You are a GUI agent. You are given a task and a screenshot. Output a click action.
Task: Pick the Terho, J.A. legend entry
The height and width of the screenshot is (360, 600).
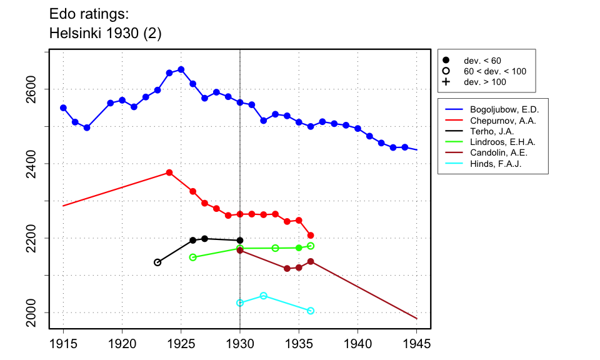coord(487,131)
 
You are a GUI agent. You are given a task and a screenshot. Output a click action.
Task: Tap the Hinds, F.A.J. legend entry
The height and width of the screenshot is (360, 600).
coord(492,164)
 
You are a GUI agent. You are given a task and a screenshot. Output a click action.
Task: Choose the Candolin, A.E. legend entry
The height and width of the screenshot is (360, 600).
coord(496,153)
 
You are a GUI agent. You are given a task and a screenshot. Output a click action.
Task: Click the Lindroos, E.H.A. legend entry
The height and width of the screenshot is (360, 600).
coord(499,142)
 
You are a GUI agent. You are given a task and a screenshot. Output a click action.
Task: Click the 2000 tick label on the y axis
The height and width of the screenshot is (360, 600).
coord(39,312)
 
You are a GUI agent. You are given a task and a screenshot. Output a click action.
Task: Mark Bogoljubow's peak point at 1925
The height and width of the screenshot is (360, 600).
coord(181,69)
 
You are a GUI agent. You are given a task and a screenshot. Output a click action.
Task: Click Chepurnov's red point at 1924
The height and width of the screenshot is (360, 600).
coord(169,172)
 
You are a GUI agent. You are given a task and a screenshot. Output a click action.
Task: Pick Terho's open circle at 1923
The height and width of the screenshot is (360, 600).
coord(157,262)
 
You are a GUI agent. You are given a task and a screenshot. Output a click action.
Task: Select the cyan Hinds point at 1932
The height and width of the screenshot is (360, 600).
coord(264,296)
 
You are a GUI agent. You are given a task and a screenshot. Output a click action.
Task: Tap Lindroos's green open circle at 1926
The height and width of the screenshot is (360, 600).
coord(192,257)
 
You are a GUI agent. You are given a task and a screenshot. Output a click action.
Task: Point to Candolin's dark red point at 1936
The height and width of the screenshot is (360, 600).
coord(311,261)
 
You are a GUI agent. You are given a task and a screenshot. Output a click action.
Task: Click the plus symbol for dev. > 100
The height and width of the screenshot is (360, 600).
coord(446,82)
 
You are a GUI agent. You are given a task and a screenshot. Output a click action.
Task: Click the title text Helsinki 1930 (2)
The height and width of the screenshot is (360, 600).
coord(105,34)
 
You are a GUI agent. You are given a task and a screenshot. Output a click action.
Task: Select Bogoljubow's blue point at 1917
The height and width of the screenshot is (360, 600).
coord(87,127)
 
